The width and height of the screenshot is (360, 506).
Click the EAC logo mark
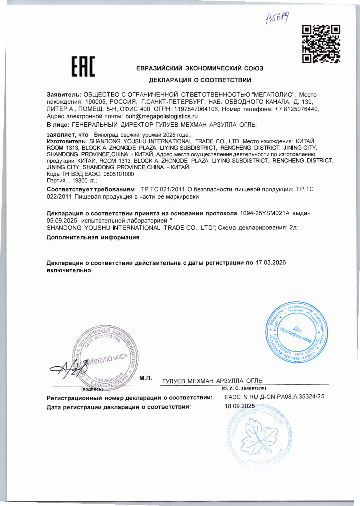(83, 66)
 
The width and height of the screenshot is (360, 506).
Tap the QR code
(321, 44)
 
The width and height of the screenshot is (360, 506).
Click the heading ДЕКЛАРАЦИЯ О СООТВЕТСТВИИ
(200, 80)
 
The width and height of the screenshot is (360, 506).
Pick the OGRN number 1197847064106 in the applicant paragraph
(196, 109)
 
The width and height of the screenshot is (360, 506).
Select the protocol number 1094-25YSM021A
(265, 213)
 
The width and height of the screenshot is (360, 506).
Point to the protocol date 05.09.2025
(62, 220)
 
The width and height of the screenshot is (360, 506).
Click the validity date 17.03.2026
(271, 263)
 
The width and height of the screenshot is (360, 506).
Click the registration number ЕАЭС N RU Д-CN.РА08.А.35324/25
(274, 397)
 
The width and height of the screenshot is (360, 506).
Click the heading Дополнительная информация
(93, 237)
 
